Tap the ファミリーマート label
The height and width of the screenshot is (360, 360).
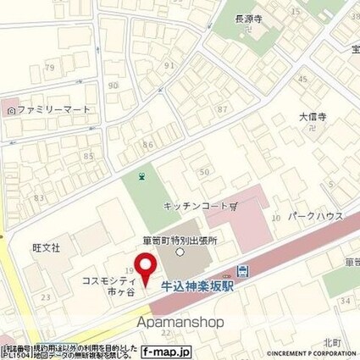[53, 109]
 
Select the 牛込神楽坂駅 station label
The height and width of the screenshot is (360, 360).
[197, 286]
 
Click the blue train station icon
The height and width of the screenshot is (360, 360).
[244, 272]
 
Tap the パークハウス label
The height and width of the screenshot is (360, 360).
[315, 215]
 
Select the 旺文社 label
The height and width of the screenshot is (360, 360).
[46, 248]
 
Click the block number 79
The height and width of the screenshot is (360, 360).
[49, 67]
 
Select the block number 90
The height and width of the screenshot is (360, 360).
[114, 86]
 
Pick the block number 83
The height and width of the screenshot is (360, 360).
[37, 197]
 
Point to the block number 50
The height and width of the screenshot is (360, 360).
[203, 173]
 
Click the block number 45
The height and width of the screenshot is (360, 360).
[302, 79]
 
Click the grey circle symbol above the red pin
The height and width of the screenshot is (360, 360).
[180, 252]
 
